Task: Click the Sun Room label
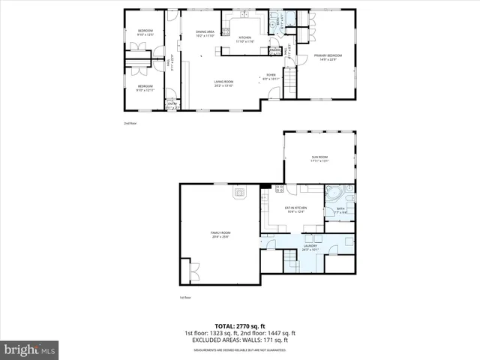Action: point(320,159)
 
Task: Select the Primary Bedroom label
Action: point(328,56)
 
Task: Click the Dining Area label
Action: point(205,33)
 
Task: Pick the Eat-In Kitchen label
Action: point(295,209)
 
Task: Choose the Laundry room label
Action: point(310,246)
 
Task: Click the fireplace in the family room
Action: point(240,193)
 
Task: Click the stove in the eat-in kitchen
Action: point(280,188)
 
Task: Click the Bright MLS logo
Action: point(30,349)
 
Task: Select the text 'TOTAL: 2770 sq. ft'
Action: point(239,326)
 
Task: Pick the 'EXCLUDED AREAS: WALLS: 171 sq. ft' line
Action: point(239,340)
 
